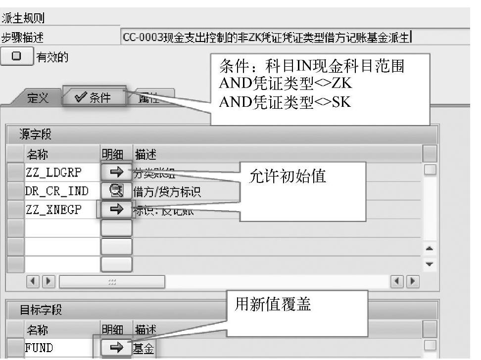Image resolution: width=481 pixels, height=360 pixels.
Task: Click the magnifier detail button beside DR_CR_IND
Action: pos(116,191)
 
